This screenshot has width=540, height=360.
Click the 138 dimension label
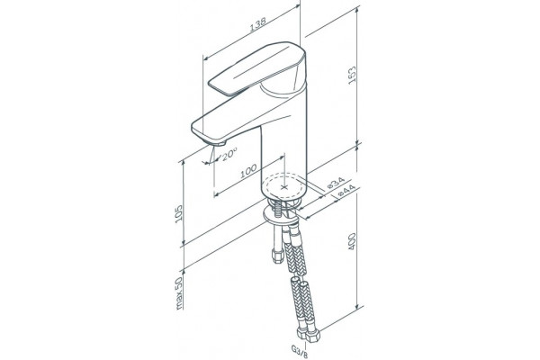pyautogui.click(x=258, y=24)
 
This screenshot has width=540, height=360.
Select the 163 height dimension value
pyautogui.click(x=352, y=76)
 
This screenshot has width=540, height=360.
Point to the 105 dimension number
pyautogui.click(x=179, y=214)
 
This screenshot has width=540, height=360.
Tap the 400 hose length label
pyautogui.click(x=352, y=241)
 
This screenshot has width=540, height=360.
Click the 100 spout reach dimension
pyautogui.click(x=248, y=170)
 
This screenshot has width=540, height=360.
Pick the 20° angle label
pyautogui.click(x=229, y=154)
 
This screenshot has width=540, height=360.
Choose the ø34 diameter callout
pyautogui.click(x=335, y=183)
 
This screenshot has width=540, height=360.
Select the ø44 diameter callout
pyautogui.click(x=346, y=191)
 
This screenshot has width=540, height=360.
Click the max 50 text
pyautogui.click(x=179, y=293)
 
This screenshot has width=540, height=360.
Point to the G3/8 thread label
pyautogui.click(x=300, y=350)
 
